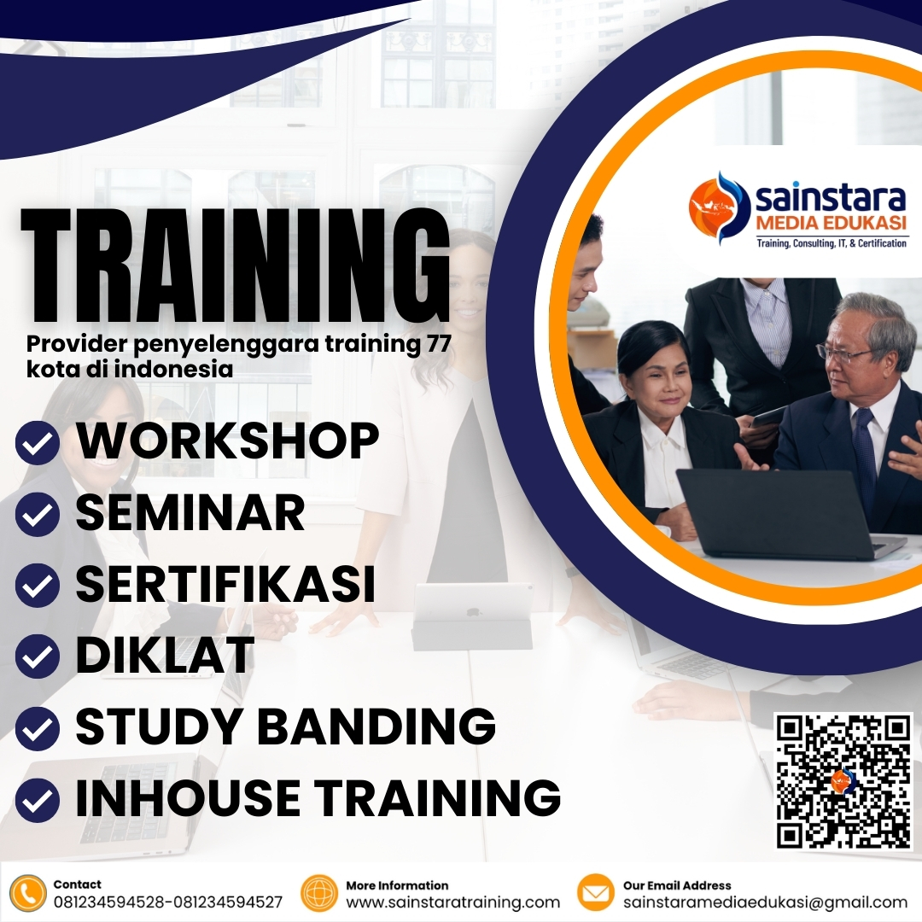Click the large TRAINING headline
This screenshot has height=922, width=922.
coord(235,265)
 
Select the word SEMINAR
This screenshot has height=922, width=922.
coord(190,512)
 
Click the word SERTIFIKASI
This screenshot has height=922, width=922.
coord(225,584)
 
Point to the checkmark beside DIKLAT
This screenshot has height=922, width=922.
coord(38,657)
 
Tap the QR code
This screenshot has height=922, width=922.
coord(843,781)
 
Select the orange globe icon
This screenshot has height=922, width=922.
coord(320,894)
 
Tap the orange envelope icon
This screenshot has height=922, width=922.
coord(596,894)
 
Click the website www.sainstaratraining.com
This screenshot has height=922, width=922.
coord(452,902)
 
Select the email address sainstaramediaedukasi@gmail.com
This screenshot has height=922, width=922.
coord(765,902)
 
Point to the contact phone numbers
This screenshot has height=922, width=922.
coord(167,902)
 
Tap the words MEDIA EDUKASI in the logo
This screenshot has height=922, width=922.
coord(831,225)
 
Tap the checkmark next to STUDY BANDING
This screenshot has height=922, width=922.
coord(38,728)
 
